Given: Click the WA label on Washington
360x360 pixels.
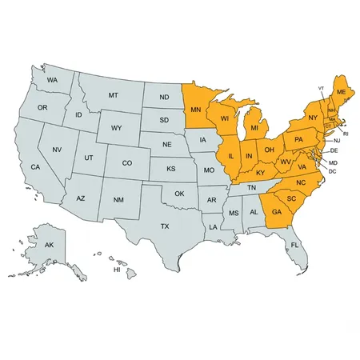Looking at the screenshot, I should (x=52, y=81).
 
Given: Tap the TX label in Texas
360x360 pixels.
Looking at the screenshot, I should (x=165, y=226).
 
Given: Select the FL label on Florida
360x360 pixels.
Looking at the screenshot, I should (x=294, y=244).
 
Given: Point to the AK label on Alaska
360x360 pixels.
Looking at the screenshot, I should (x=49, y=245).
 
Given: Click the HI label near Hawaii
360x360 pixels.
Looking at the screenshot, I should (x=117, y=270).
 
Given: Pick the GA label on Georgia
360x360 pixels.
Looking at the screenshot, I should (x=277, y=212).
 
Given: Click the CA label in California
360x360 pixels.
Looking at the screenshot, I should (x=36, y=166).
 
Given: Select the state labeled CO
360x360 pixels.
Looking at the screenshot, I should (x=127, y=162).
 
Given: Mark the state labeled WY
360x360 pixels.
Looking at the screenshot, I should (x=117, y=128).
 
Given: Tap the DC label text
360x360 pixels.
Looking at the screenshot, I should (x=332, y=171).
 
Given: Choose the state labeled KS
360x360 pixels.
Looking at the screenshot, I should (x=170, y=170).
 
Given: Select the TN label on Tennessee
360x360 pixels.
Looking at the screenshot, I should (x=250, y=187).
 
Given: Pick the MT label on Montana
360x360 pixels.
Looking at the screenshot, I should (x=113, y=95).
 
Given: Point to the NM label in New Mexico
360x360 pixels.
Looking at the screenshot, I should (x=118, y=199).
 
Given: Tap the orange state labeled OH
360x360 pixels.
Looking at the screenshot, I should (x=270, y=149).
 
